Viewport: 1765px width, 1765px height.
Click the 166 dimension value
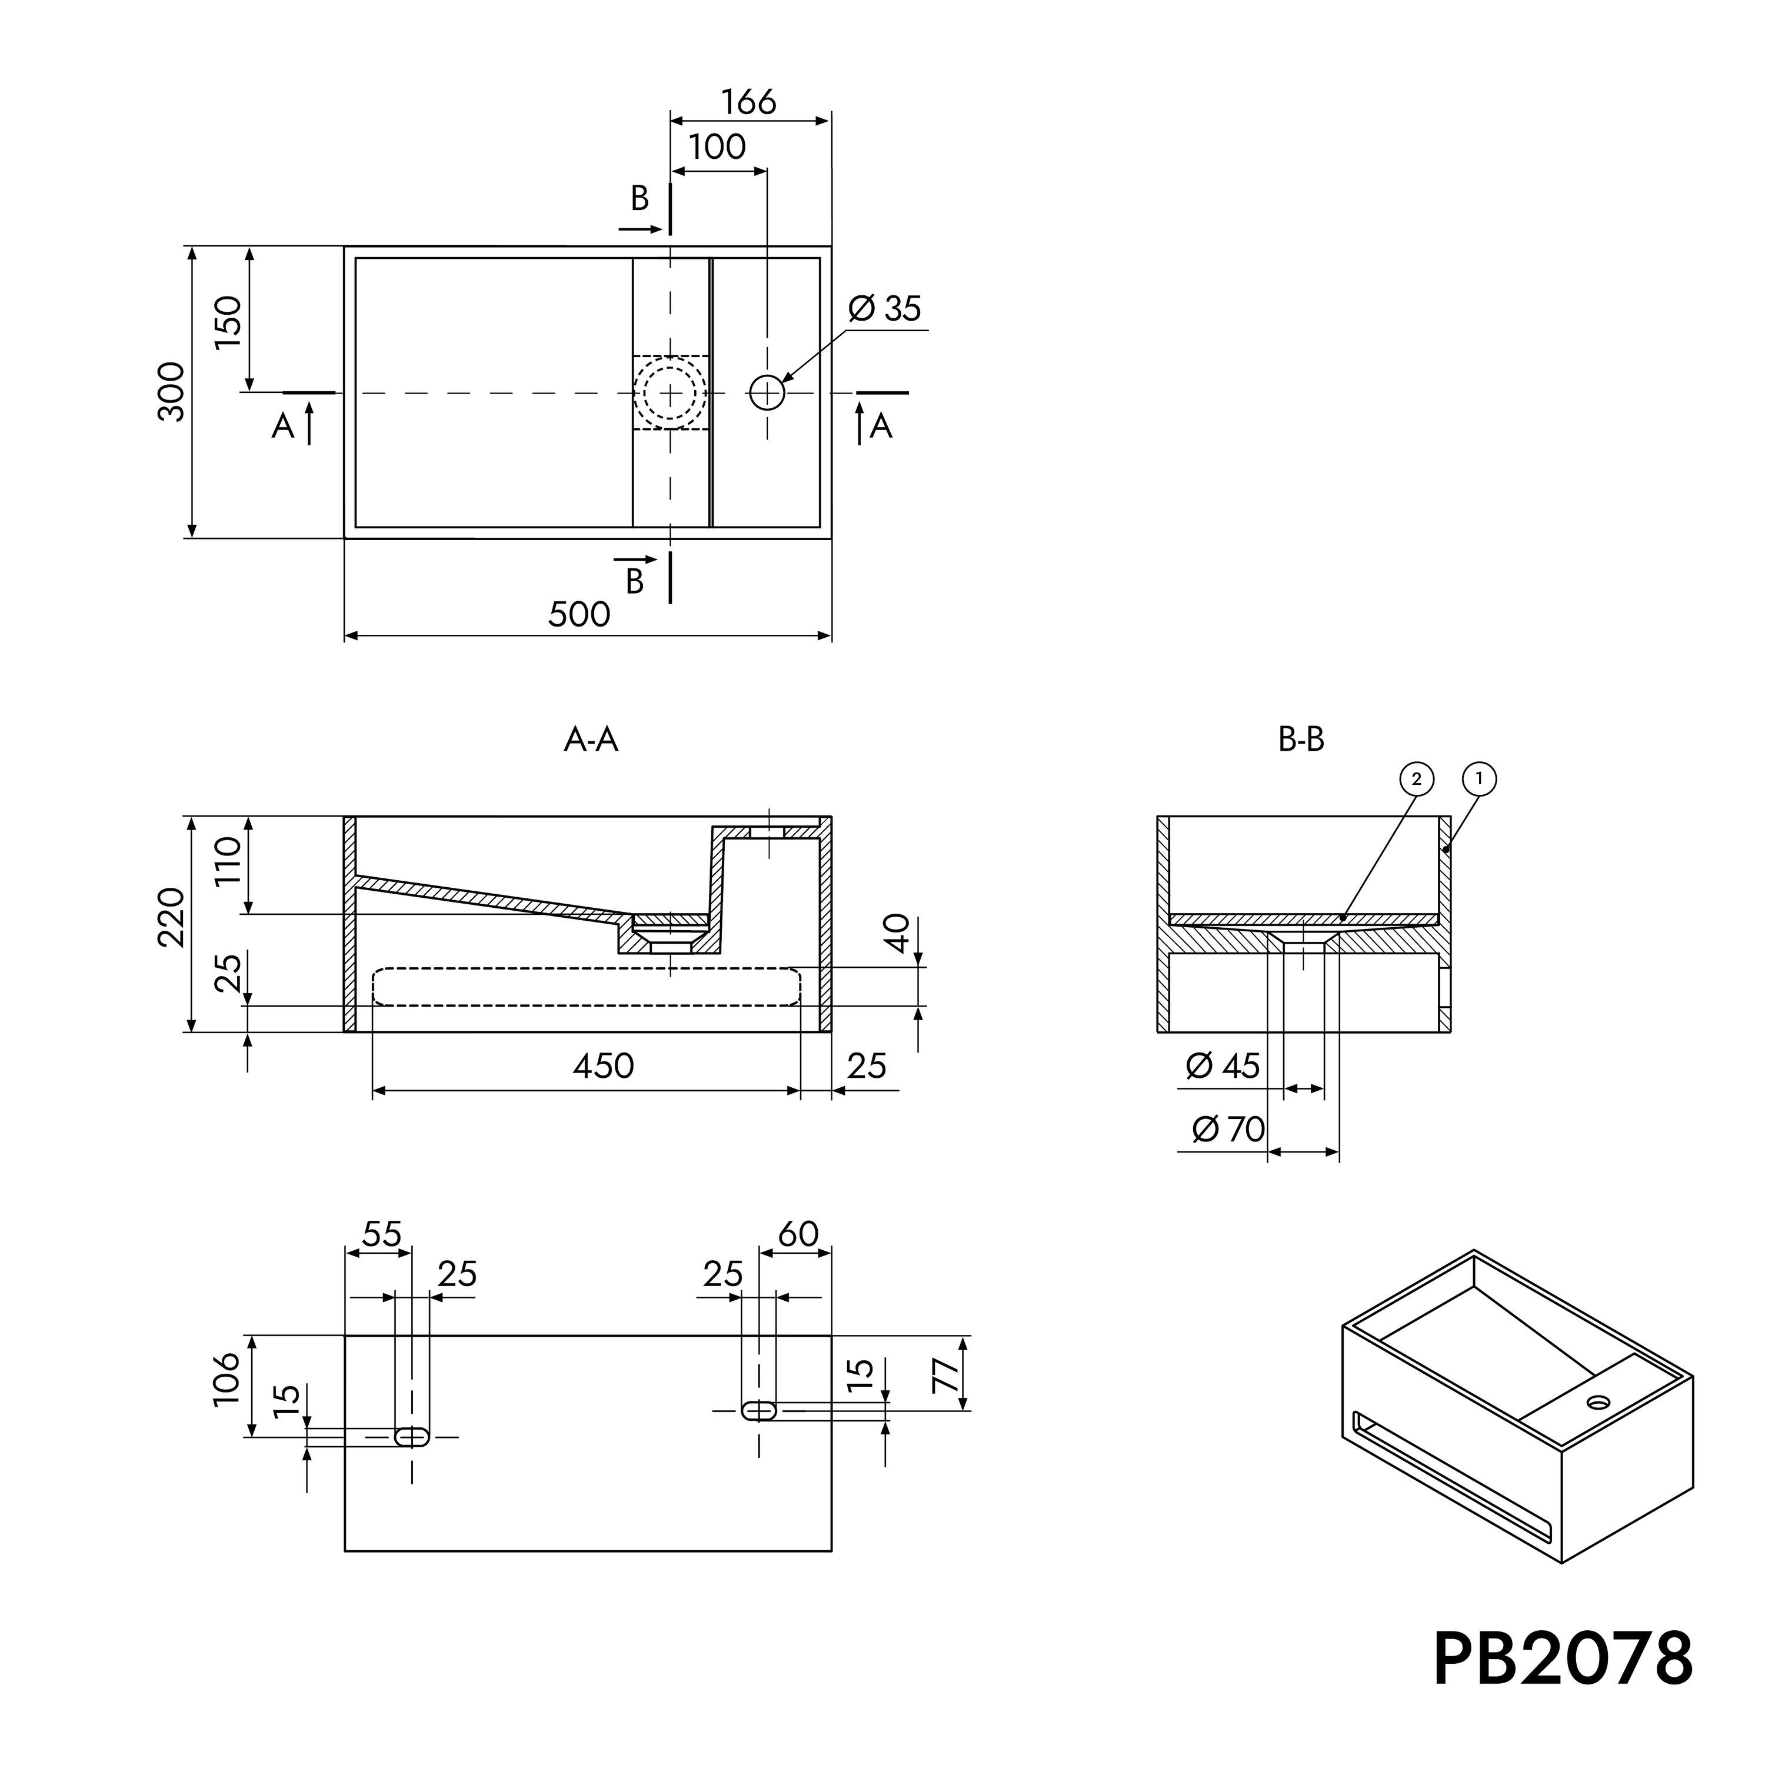click(748, 101)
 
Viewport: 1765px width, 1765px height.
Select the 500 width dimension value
click(579, 614)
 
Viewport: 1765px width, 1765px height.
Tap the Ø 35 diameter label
click(884, 309)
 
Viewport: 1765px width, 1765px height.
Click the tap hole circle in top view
click(767, 393)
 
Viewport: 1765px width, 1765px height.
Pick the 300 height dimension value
click(172, 392)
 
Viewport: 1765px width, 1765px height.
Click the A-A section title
click(591, 739)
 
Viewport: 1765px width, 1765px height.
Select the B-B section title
click(1301, 739)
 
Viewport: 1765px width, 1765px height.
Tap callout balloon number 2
click(1416, 780)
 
